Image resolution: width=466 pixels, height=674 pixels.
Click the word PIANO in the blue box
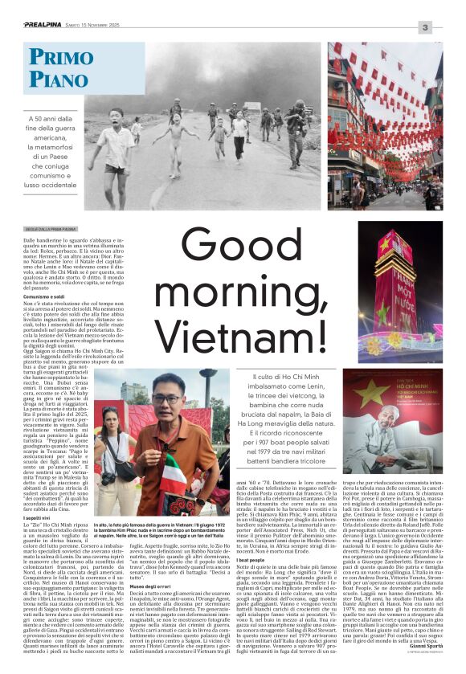pyautogui.click(x=56, y=79)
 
